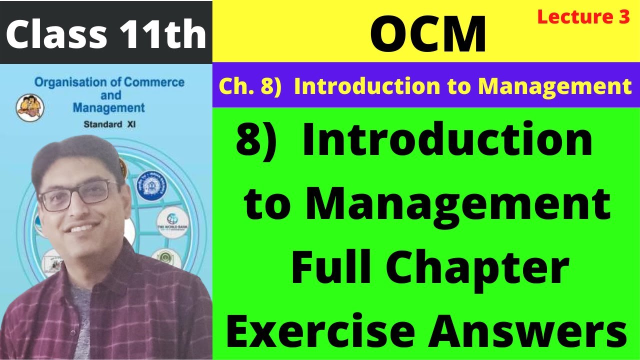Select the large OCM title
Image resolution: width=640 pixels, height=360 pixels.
point(428,34)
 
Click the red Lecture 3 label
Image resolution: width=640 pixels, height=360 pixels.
point(583,17)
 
